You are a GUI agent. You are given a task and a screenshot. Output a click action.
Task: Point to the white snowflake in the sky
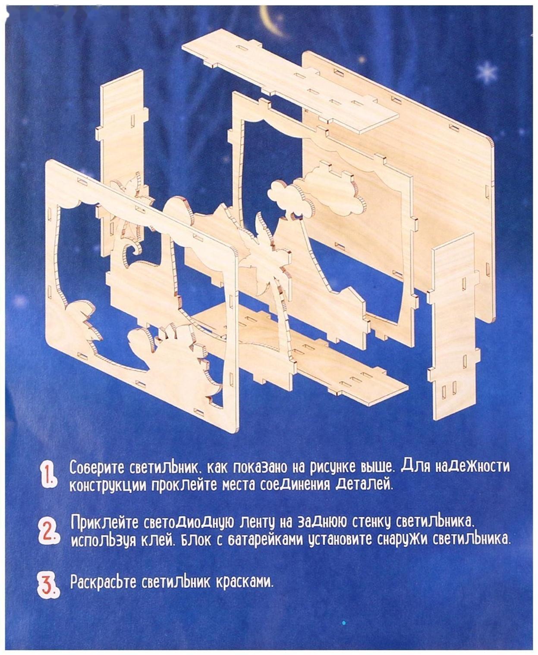click(487, 73)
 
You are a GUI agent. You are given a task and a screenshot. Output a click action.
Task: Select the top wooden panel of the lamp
click(290, 81)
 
